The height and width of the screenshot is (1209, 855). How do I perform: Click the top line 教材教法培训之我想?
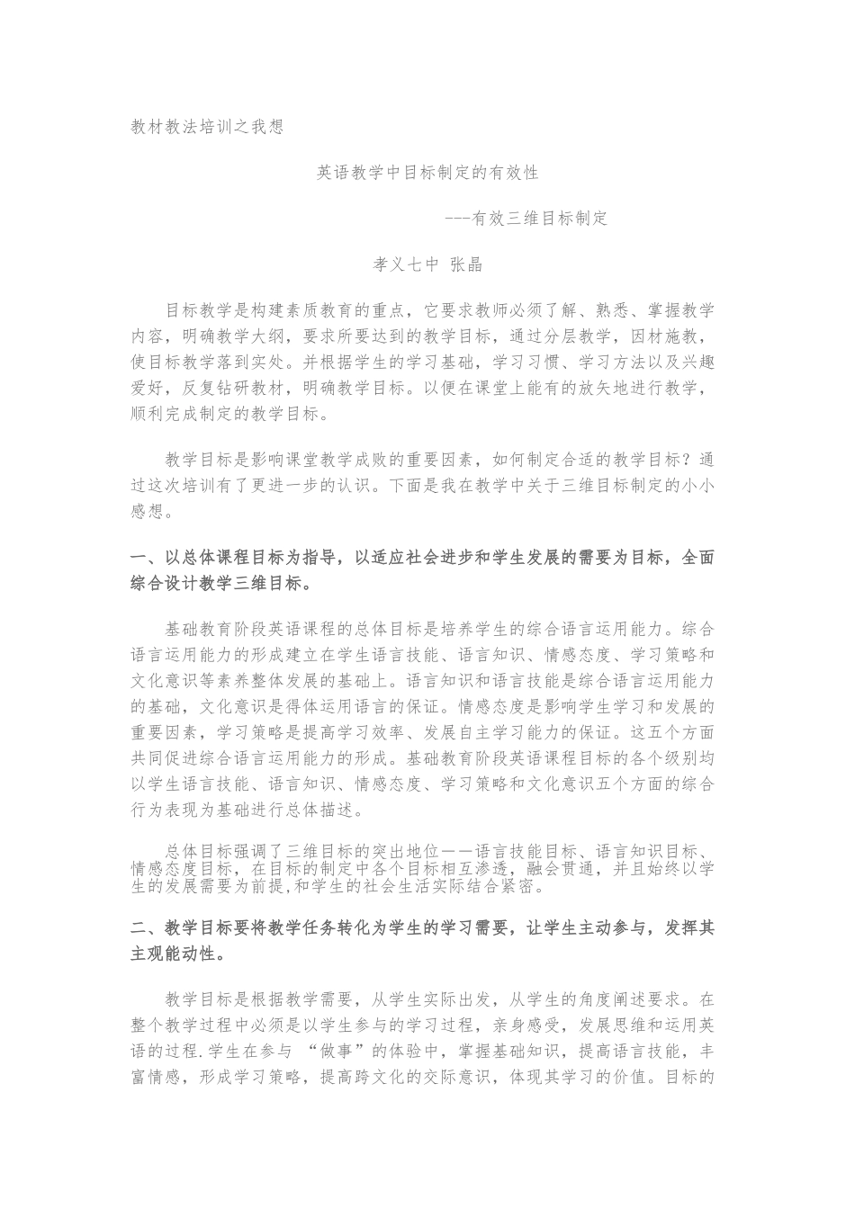(x=208, y=127)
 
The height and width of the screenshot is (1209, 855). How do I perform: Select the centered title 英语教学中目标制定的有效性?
(x=427, y=171)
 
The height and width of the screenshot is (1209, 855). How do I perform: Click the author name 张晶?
(x=466, y=264)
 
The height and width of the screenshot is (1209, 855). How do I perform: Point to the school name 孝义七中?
(x=405, y=264)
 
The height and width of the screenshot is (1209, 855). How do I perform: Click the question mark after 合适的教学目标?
(x=688, y=459)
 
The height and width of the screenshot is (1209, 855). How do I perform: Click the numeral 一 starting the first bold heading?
(x=139, y=558)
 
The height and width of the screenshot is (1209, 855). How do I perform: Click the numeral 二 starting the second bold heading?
(x=139, y=928)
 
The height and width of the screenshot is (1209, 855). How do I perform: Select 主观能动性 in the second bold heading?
(x=173, y=954)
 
